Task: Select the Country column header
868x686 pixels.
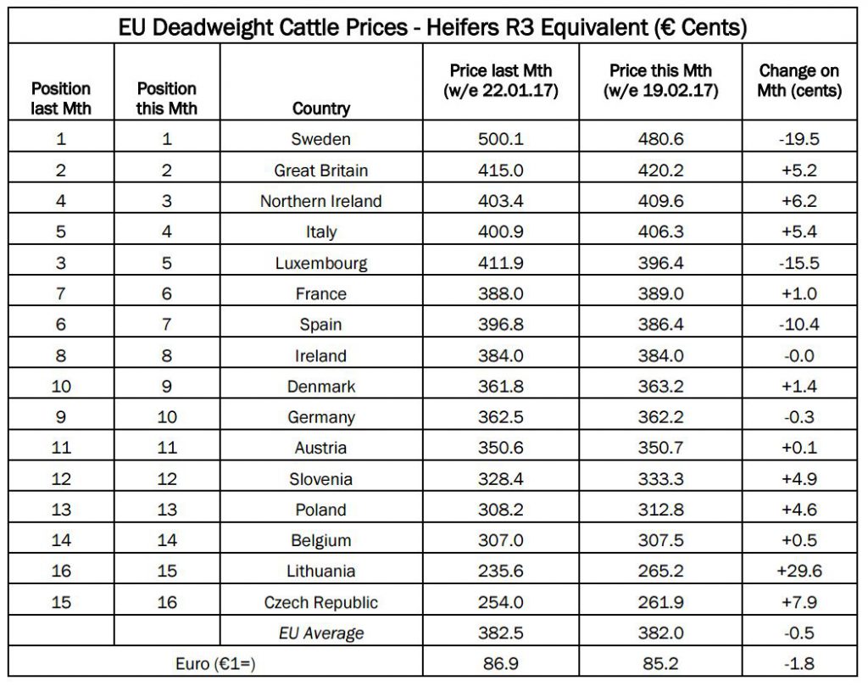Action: pos(321,109)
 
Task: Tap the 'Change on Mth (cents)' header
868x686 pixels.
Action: pos(799,81)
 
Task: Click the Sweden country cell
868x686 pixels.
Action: pos(321,140)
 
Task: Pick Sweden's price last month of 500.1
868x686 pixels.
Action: pos(501,140)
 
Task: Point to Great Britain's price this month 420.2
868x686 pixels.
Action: pos(661,170)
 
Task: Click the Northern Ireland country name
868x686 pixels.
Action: pos(321,201)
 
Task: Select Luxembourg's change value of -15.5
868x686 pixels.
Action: pos(799,263)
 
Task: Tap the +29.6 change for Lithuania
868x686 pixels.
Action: pos(799,572)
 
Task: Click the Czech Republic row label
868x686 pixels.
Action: pos(321,603)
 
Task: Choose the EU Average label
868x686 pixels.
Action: pos(321,633)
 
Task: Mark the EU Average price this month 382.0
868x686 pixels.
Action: pos(661,633)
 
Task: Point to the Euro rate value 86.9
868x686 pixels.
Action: pos(501,664)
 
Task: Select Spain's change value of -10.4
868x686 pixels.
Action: pos(799,325)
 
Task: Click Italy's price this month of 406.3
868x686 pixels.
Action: pos(661,232)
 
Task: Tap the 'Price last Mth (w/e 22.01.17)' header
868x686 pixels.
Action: pos(501,81)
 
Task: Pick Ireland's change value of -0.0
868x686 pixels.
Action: pos(799,356)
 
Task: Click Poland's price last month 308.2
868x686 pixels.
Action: pos(501,510)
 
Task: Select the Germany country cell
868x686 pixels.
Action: pos(321,417)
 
